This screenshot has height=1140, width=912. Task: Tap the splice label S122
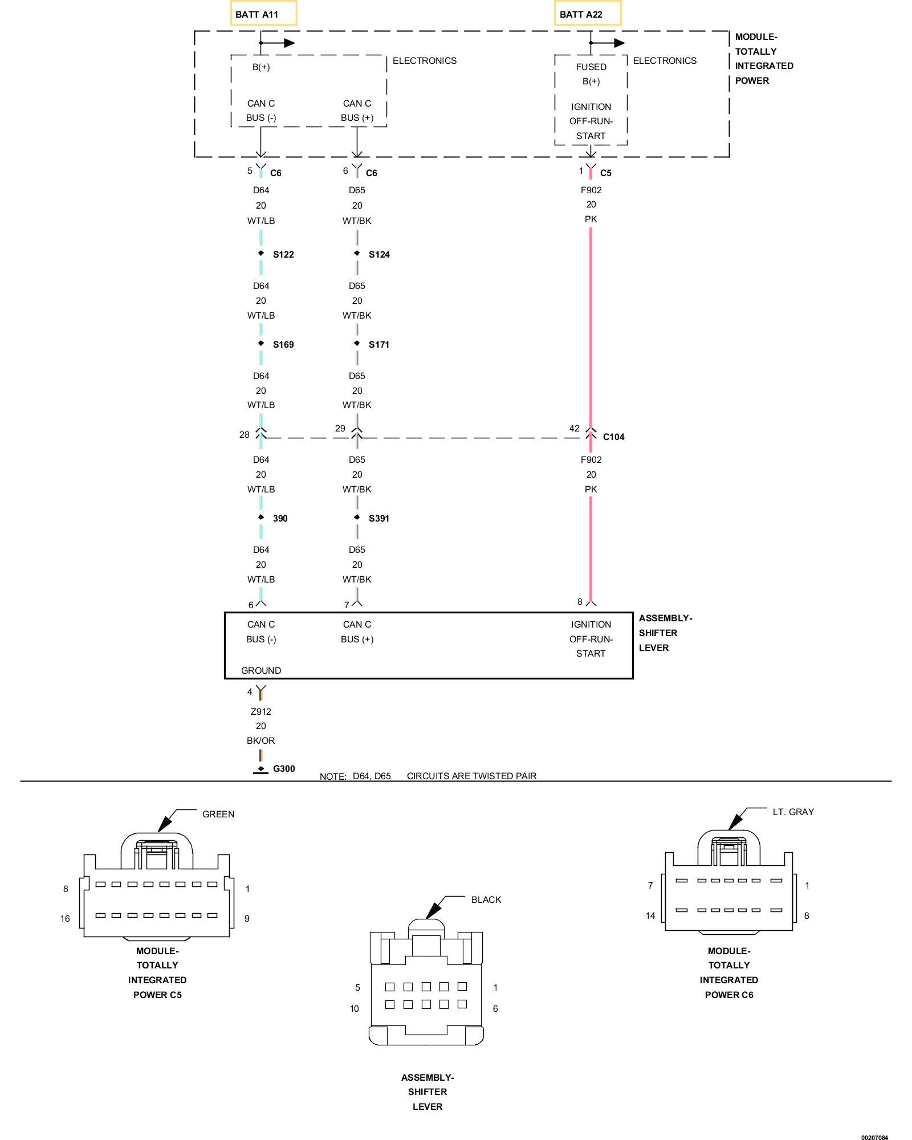click(283, 254)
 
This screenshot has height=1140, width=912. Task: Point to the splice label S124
click(379, 254)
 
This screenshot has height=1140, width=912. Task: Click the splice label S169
click(283, 344)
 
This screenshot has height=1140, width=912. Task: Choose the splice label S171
click(379, 344)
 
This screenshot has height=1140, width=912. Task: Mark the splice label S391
click(379, 518)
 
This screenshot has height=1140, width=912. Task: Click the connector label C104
click(613, 437)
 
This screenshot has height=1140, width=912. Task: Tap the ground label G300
click(284, 768)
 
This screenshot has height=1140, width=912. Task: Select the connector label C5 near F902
click(605, 173)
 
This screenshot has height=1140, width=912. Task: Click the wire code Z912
click(261, 711)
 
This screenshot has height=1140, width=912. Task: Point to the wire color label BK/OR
click(261, 740)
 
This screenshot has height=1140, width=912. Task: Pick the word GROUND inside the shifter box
click(261, 670)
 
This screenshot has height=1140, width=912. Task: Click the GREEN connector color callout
click(218, 814)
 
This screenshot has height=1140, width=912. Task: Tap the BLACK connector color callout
click(486, 899)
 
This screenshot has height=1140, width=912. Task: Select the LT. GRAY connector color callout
click(793, 812)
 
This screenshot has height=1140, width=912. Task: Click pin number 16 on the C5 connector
click(65, 918)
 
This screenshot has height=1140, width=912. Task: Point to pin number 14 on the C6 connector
click(650, 915)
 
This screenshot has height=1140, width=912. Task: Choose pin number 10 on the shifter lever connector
click(354, 1008)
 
